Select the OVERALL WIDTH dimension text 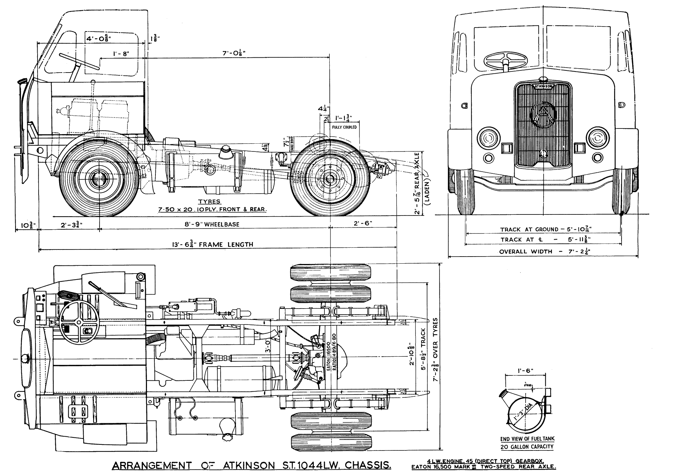pos(544,252)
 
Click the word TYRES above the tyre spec pos(209,202)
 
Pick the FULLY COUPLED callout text pos(344,127)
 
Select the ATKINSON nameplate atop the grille pos(543,86)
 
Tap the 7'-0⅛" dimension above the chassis pos(234,53)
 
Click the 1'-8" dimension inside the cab pos(121,54)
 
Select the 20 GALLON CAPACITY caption pos(527,447)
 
